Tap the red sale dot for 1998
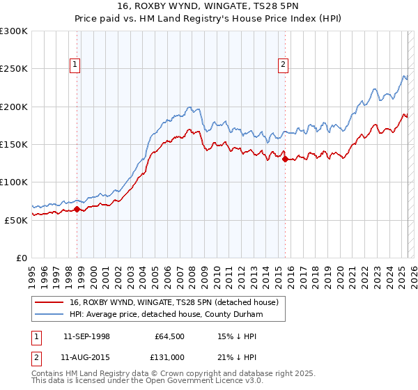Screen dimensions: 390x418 point(77,209)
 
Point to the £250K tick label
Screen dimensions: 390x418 point(14,69)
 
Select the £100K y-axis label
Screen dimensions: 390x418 point(14,182)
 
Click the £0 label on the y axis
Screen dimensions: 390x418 point(21,258)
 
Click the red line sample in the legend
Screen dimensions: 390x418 point(50,302)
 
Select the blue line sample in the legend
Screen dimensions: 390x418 point(50,315)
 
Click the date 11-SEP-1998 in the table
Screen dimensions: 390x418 point(86,336)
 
